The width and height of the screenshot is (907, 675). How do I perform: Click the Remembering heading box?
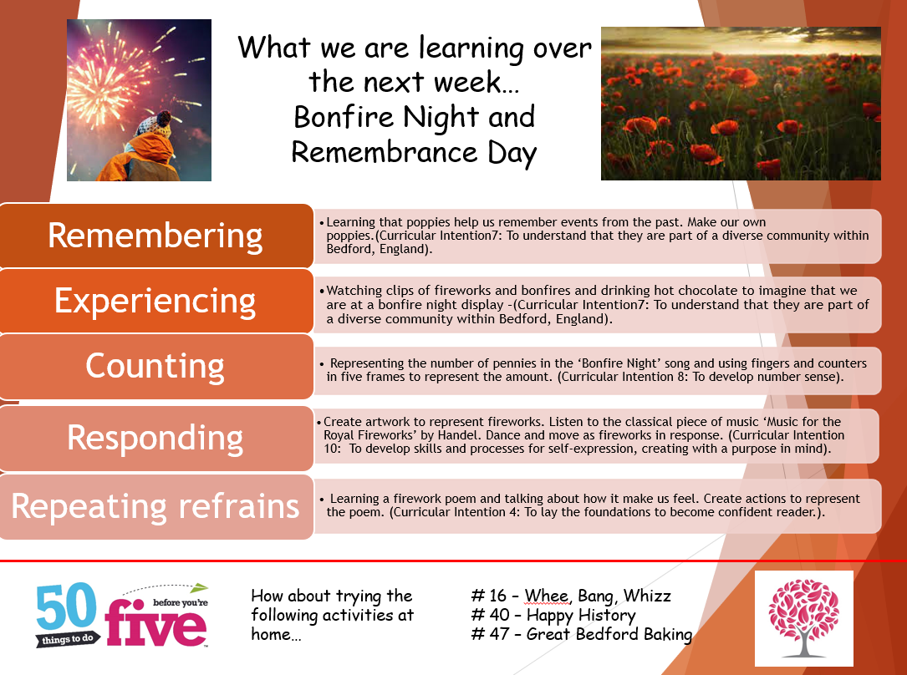(156, 236)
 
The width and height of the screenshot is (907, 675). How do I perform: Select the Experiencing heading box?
(156, 301)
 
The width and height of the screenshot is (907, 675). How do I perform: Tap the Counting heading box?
(156, 367)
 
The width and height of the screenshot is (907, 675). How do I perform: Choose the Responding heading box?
(156, 438)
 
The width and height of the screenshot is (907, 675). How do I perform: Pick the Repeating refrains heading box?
(156, 507)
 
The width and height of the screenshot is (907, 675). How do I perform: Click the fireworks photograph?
(139, 100)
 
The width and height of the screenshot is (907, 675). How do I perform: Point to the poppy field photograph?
(741, 104)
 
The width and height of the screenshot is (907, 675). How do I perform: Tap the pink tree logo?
(803, 618)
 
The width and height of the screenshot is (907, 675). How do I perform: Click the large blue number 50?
(66, 606)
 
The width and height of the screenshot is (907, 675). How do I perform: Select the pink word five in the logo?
(155, 623)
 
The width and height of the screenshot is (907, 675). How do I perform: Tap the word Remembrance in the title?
(384, 153)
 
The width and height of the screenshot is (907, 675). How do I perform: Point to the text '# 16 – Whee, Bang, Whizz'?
(571, 596)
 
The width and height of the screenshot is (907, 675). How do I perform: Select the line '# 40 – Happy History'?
(553, 615)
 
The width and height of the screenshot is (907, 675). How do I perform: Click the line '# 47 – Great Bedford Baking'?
(581, 634)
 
